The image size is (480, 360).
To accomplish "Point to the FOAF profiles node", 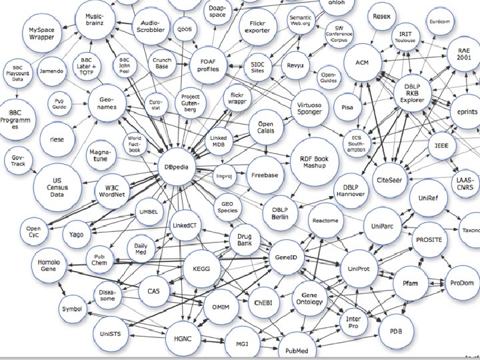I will [209, 65].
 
